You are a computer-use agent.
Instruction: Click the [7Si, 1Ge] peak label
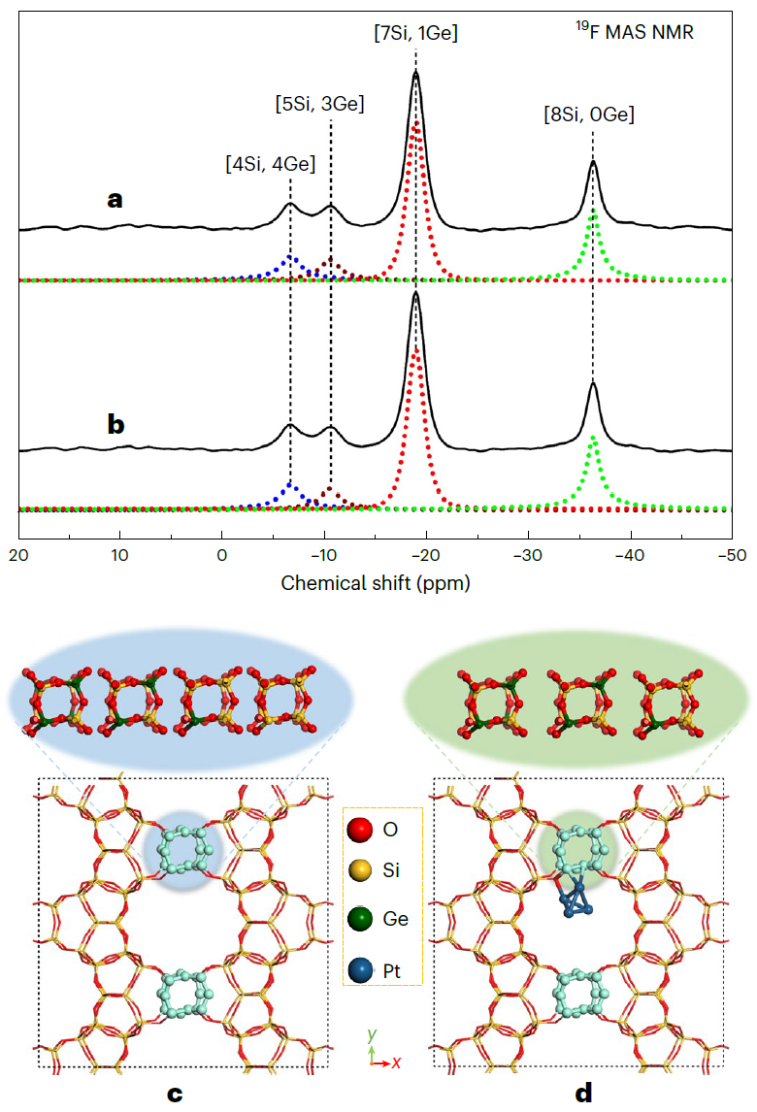415,32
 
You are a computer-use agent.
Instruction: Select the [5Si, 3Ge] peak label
319,103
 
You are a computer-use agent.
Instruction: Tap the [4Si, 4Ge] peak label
271,164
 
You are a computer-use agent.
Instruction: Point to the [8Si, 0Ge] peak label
589,114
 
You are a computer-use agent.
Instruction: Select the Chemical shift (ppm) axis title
376,583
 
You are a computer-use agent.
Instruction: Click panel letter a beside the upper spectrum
115,200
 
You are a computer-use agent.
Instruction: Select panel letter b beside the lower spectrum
115,424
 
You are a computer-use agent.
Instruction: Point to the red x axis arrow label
397,1063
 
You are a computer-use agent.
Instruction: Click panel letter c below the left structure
175,1094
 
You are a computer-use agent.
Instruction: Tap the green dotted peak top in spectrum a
593,212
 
